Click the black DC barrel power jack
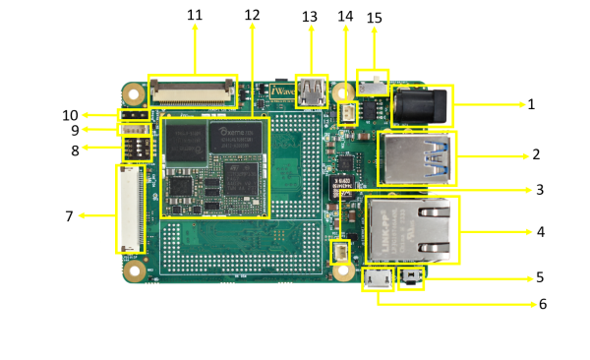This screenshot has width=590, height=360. pyautogui.click(x=424, y=105)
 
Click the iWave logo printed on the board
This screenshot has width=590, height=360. pyautogui.click(x=282, y=92)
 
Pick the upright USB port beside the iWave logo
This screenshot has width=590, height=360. pyautogui.click(x=312, y=91)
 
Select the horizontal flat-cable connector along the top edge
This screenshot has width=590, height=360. pyautogui.click(x=192, y=91)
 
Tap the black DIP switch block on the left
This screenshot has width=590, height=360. pyautogui.click(x=137, y=149)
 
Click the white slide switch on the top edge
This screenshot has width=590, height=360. pyautogui.click(x=373, y=83)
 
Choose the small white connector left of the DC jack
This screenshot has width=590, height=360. pyautogui.click(x=348, y=114)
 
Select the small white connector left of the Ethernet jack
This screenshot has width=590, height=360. pyautogui.click(x=340, y=251)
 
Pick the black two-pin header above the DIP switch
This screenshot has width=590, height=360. pyautogui.click(x=132, y=115)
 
